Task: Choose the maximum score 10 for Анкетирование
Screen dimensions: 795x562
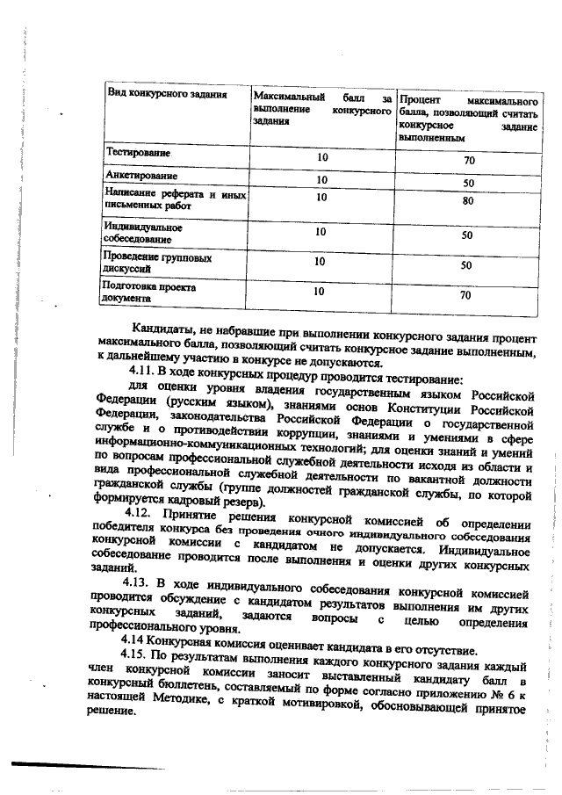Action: coord(321,180)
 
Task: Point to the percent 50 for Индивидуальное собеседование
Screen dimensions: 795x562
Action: coord(467,235)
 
